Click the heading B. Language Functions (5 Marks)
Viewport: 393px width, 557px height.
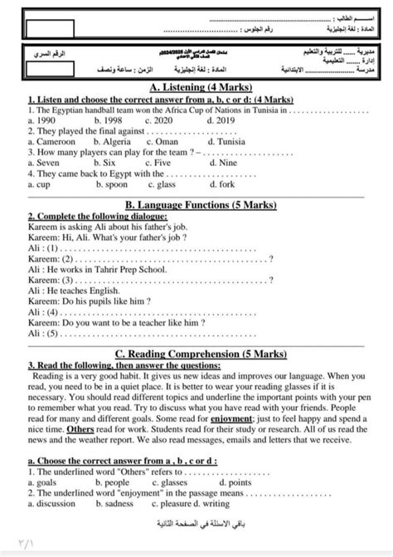click(x=196, y=205)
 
